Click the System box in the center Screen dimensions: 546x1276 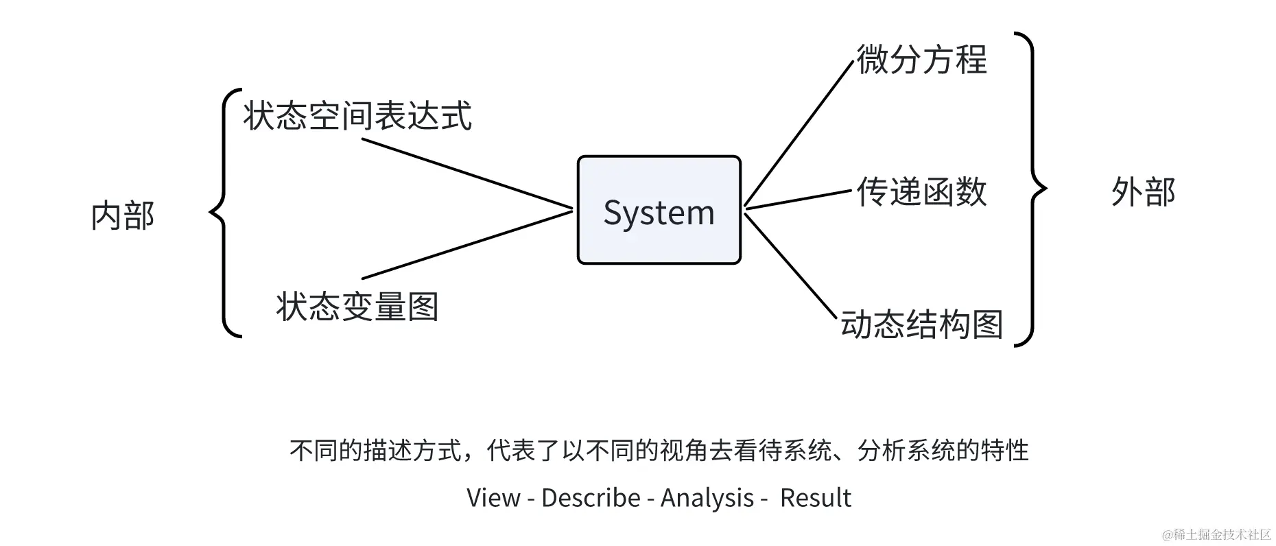point(659,210)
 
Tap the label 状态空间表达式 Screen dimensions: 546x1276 point(357,115)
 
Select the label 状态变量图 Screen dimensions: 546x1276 point(357,306)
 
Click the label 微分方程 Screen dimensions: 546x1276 point(921,60)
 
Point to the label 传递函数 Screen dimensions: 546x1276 point(921,191)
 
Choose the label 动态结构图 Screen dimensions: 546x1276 point(921,324)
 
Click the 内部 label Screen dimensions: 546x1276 point(123,215)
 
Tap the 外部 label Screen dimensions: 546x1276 point(1143,192)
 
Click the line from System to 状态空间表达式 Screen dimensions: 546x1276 point(466,174)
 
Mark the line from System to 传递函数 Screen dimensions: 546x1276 point(798,199)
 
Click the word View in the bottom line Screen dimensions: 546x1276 point(493,498)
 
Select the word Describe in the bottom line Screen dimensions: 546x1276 point(590,498)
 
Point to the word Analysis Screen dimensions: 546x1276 point(707,498)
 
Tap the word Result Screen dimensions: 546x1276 point(815,498)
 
